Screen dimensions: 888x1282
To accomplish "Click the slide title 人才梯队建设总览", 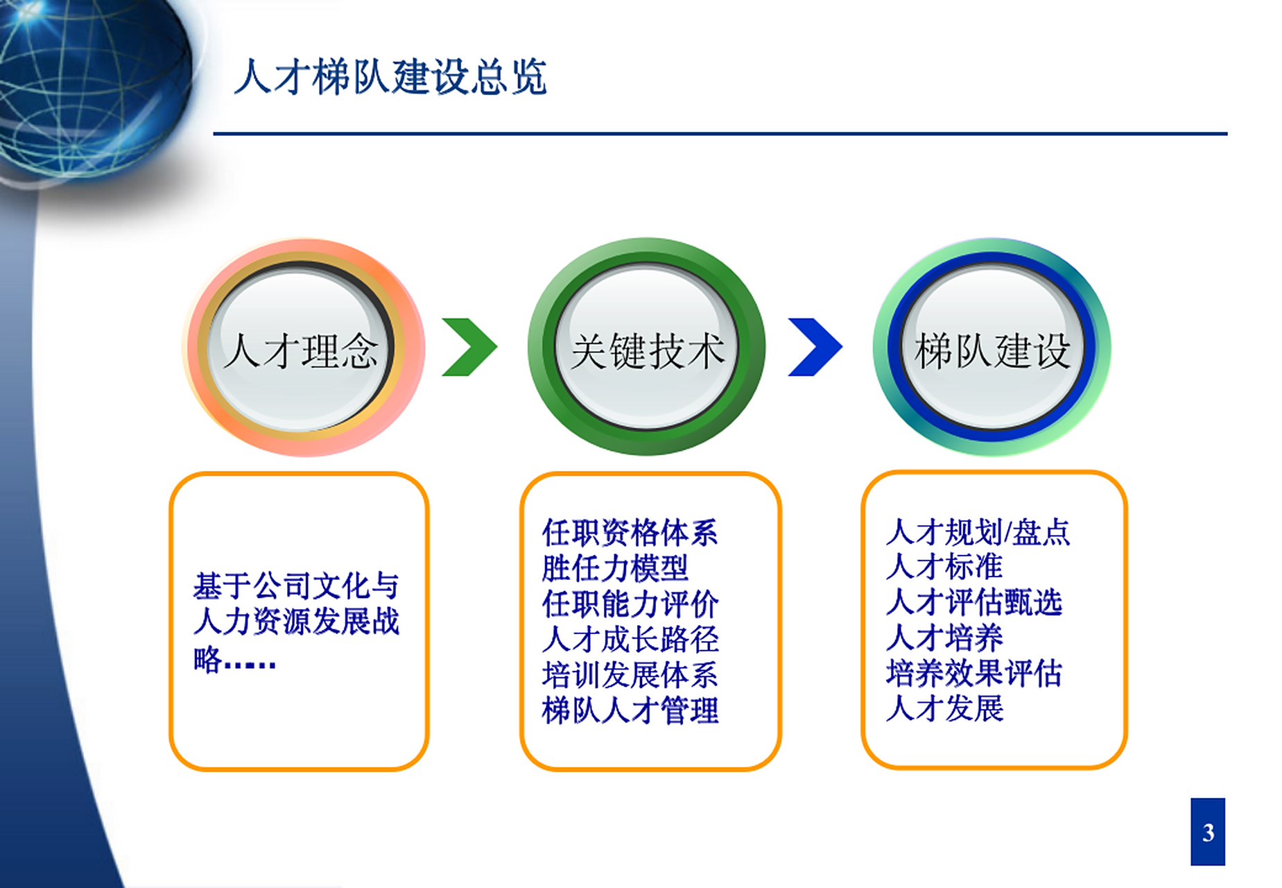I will (390, 76).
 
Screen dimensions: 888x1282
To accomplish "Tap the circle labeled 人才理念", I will (302, 348).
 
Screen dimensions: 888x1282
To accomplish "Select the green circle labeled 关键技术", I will (646, 348).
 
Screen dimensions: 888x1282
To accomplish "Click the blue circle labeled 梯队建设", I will (991, 348).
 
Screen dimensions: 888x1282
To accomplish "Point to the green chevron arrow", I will (469, 347).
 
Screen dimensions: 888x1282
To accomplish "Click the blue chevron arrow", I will (815, 347).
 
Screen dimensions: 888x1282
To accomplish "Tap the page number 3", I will (1208, 832).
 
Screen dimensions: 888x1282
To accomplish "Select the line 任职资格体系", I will (630, 533).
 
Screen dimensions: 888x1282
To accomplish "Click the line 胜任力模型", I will (615, 568).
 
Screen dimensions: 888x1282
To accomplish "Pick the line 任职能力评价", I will (630, 604).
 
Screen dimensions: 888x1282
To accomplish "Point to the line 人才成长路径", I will (630, 639).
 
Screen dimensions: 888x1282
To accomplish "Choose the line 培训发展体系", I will (630, 674).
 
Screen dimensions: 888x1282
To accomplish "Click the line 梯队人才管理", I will (630, 710).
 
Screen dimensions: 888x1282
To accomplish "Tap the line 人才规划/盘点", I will (978, 532).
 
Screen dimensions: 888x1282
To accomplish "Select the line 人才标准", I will (944, 567).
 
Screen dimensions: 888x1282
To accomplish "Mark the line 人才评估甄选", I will (974, 602).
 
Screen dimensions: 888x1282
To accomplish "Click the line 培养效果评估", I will (974, 673).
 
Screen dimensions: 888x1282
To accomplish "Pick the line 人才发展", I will (944, 708).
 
